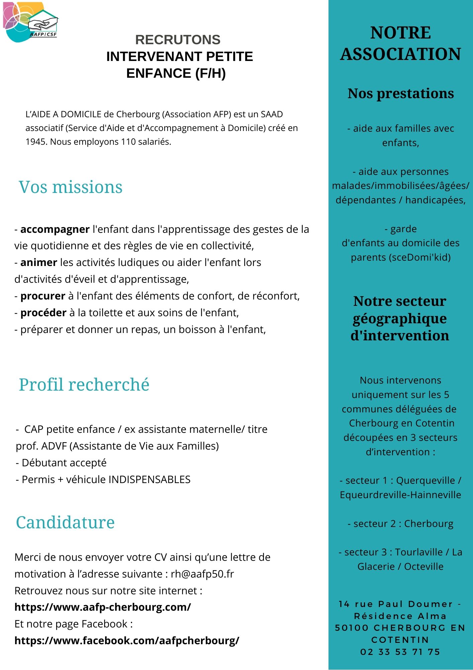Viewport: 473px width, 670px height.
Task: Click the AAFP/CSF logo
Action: tap(30, 22)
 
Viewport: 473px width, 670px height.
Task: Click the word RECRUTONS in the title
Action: tap(178, 40)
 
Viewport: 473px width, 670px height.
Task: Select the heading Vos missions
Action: tap(71, 187)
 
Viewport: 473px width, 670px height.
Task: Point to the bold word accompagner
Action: tap(55, 229)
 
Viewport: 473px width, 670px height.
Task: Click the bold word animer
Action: tap(39, 263)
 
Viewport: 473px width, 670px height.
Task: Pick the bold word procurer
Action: tap(43, 296)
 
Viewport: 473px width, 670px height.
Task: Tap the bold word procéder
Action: tap(43, 313)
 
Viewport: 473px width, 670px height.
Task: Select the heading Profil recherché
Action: tap(84, 385)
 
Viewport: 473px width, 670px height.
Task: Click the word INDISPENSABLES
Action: tap(150, 480)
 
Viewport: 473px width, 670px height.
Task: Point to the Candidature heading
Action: tap(65, 523)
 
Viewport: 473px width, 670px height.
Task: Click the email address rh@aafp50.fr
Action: tap(202, 574)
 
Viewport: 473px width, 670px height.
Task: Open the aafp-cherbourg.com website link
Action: tap(103, 607)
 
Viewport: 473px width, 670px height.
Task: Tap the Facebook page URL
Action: tap(127, 641)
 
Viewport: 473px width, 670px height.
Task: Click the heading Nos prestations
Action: tap(401, 93)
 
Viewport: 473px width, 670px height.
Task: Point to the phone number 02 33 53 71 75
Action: tap(400, 652)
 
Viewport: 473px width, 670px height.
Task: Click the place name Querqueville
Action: tap(425, 481)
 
